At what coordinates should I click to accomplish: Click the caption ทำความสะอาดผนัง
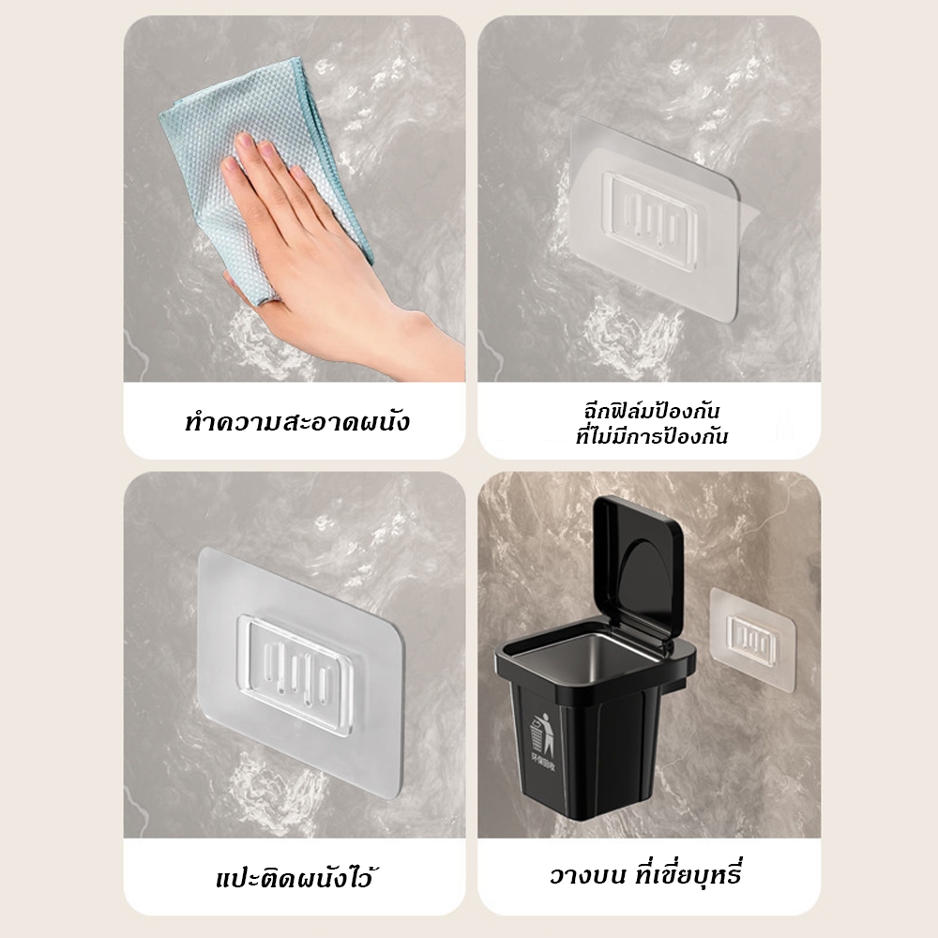pyautogui.click(x=295, y=420)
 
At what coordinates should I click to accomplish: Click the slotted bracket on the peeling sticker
pyautogui.click(x=654, y=212)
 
